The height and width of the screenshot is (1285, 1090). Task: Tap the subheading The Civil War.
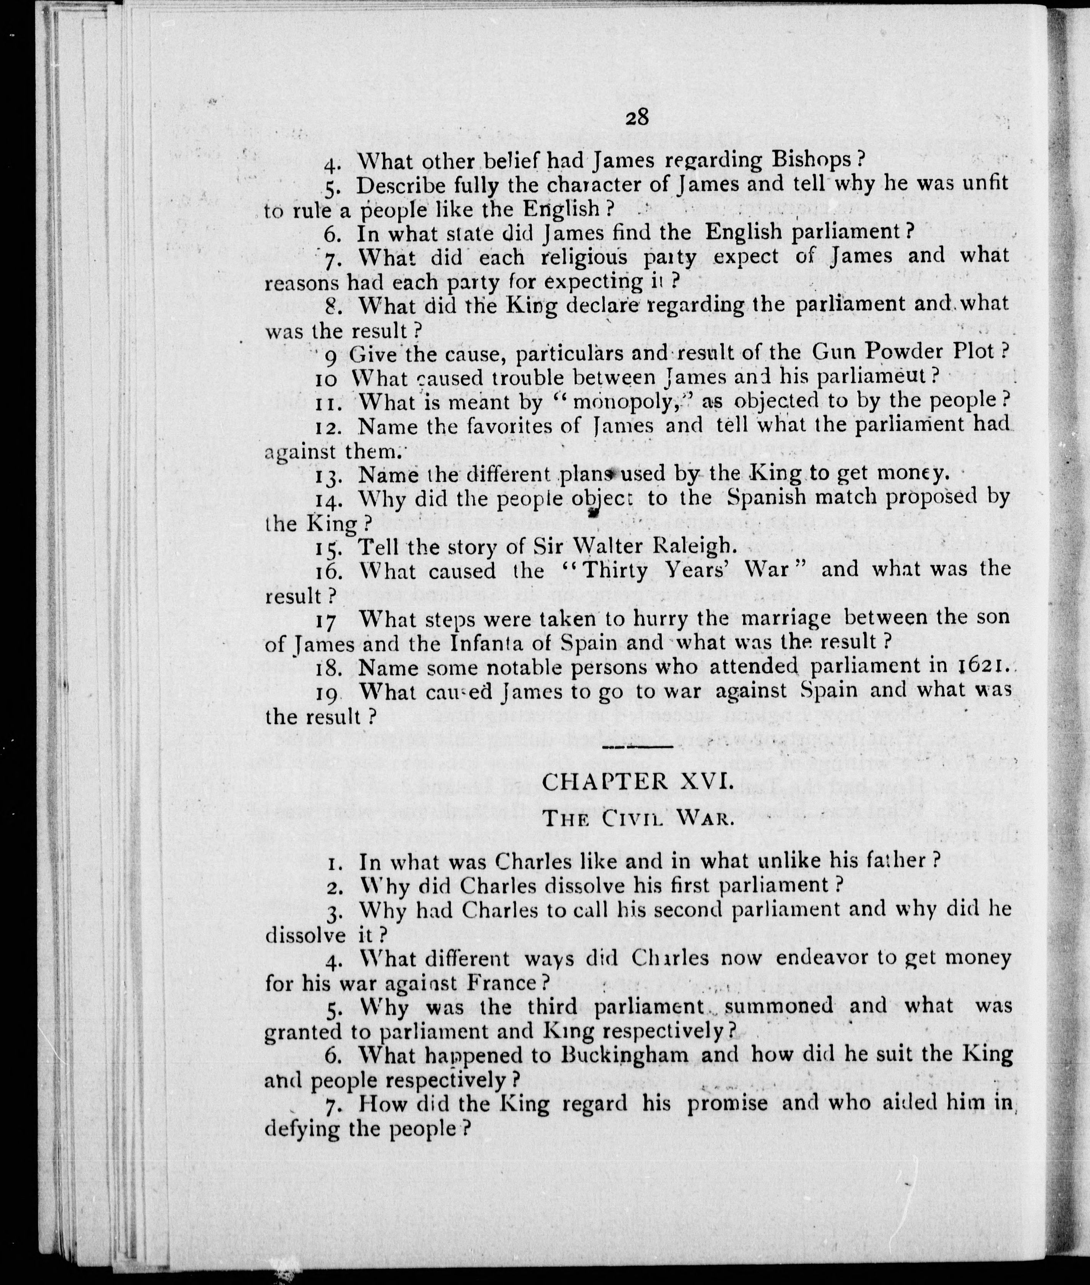coord(637,818)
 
